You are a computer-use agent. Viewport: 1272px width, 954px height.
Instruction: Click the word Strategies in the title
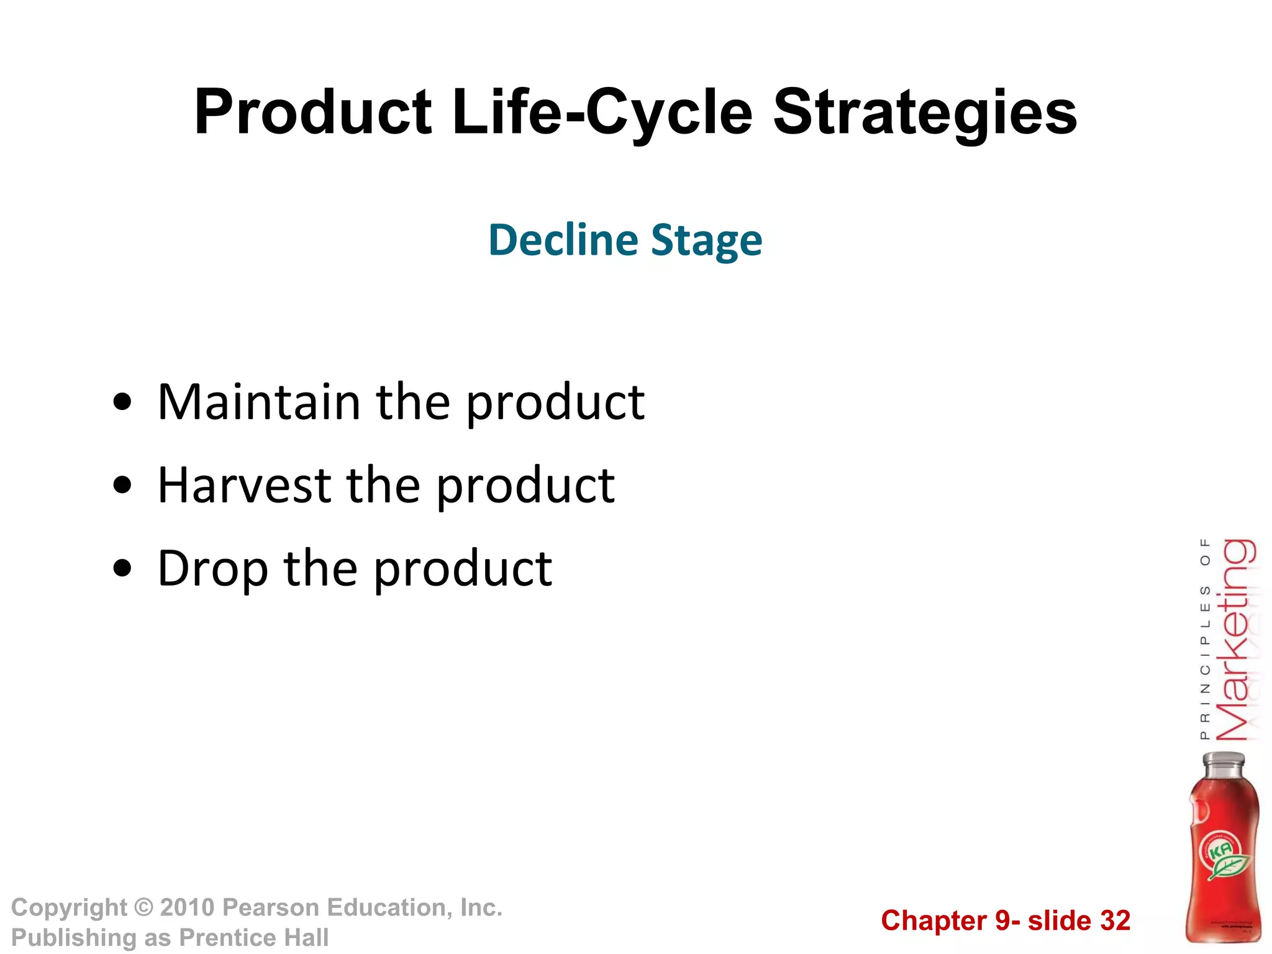[925, 112]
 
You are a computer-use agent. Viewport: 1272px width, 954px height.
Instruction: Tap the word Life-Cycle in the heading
[602, 112]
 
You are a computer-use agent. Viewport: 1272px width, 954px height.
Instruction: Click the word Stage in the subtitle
[707, 241]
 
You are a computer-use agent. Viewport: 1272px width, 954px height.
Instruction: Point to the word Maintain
[259, 402]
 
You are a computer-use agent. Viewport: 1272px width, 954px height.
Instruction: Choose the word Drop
[213, 568]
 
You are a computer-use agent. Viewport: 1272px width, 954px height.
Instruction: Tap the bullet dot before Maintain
[123, 402]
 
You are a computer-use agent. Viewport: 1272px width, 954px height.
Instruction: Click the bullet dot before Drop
[123, 568]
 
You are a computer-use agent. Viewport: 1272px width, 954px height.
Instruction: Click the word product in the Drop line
[463, 568]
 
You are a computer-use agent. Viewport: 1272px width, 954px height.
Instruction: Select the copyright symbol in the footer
[143, 908]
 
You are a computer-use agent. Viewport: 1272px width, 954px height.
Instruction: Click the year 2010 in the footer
[187, 908]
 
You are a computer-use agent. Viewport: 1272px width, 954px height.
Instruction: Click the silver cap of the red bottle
[1224, 763]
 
